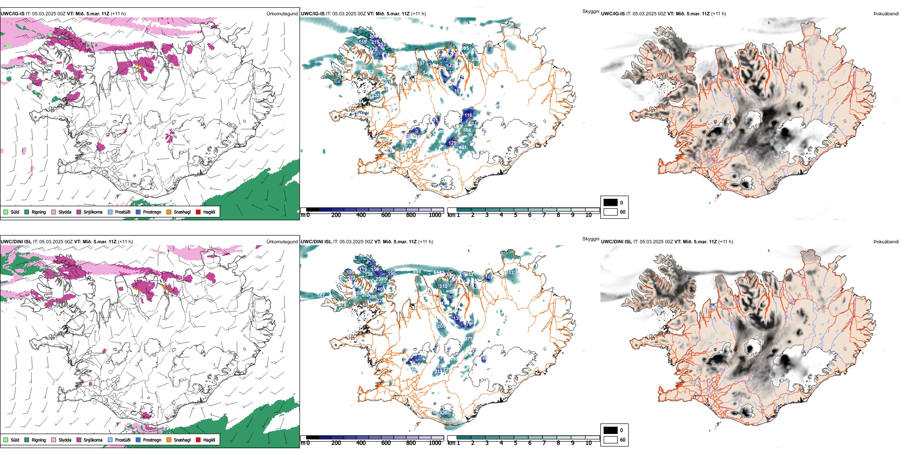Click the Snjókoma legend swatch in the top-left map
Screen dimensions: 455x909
79,212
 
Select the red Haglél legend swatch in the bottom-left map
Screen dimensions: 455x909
199,440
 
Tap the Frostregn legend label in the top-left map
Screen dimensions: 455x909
152,212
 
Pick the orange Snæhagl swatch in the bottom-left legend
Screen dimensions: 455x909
169,440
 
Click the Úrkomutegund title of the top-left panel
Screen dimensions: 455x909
282,13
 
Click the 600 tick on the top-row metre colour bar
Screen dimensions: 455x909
386,215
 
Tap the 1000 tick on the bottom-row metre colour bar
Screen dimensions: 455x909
435,443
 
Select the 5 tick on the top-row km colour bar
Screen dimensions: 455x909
516,215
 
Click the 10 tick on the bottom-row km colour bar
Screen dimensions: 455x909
588,443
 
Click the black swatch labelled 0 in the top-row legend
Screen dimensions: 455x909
610,203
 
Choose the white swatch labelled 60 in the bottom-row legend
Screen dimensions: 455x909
610,440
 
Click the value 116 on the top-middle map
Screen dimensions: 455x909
468,115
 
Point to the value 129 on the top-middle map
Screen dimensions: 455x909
452,143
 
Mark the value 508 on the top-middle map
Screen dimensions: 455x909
467,130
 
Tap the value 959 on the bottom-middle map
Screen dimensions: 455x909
417,272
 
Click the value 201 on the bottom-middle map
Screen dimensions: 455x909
441,326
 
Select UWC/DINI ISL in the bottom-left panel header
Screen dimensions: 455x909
16,241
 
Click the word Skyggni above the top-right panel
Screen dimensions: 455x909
590,11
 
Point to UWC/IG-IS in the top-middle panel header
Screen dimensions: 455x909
312,13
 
